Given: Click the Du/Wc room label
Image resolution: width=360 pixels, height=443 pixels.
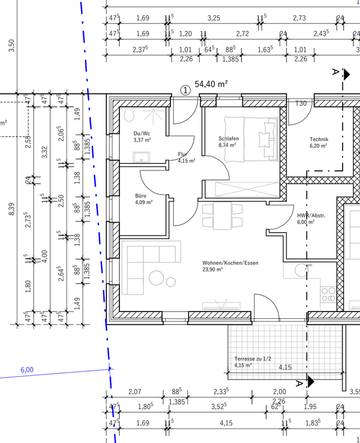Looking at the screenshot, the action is (x=142, y=133).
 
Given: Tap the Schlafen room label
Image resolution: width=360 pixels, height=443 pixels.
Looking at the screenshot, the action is (x=228, y=138).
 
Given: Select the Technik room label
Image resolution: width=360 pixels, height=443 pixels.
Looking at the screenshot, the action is (x=319, y=139).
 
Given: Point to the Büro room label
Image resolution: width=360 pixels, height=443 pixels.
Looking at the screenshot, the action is (x=141, y=196).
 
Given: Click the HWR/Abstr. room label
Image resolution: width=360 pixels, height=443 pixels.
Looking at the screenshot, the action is (x=311, y=215).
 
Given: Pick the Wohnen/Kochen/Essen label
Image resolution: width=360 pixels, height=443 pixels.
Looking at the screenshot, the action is (x=230, y=263).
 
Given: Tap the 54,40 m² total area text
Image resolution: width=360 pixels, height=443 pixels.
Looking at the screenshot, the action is (x=211, y=84).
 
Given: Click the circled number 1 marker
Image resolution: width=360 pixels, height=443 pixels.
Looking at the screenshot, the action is (x=186, y=91).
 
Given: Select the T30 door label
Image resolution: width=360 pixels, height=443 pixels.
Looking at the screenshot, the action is (x=301, y=103).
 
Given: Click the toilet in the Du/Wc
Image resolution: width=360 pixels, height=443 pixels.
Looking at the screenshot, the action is (x=129, y=115).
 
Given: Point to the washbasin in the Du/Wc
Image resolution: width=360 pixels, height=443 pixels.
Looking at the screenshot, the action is (x=141, y=157).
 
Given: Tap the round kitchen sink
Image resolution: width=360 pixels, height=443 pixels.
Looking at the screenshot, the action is (x=301, y=270).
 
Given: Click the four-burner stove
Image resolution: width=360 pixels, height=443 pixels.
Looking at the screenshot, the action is (x=328, y=295).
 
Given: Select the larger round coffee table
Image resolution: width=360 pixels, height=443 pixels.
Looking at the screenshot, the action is (x=156, y=278).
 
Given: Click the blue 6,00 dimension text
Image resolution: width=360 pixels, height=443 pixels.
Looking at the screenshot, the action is (x=27, y=370).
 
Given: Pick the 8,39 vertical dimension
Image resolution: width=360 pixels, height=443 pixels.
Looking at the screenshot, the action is (x=11, y=209).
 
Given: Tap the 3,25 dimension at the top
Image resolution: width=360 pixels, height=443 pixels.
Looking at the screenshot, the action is (x=214, y=18).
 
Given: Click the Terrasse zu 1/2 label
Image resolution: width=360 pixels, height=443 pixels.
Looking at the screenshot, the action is (x=253, y=359).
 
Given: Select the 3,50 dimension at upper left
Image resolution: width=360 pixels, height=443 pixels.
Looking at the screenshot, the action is (x=11, y=45).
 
